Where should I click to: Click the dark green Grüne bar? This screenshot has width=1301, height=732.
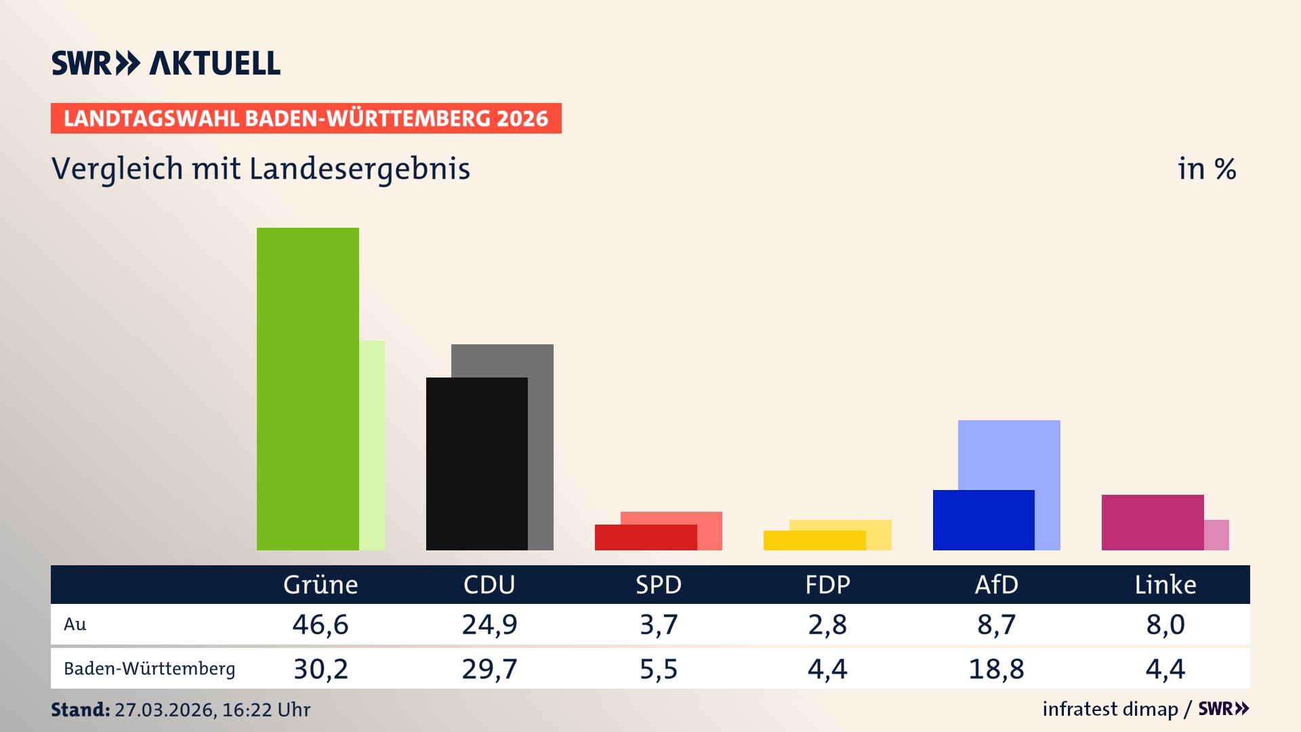[308, 388]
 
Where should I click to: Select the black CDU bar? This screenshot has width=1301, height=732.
[476, 464]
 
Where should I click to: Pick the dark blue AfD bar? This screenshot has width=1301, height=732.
[983, 520]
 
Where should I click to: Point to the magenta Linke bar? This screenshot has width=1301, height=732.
[1152, 522]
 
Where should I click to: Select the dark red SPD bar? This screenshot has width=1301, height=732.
[645, 537]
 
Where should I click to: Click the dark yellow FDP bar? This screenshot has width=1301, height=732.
[814, 540]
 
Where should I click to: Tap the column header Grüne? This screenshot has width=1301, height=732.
[321, 584]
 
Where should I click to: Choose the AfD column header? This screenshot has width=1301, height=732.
[996, 584]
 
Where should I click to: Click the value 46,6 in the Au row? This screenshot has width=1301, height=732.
[321, 624]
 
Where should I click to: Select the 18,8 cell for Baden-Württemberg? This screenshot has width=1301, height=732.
[996, 669]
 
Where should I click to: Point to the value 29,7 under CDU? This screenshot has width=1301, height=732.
[489, 669]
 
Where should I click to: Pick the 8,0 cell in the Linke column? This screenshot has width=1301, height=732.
[1165, 624]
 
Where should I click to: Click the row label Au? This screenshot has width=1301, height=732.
[75, 624]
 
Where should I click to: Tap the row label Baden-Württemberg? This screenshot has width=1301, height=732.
[149, 669]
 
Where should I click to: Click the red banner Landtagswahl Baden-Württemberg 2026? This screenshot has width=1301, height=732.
[306, 119]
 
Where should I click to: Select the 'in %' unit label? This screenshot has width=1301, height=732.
[1206, 169]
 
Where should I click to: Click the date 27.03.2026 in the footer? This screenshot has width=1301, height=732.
[165, 710]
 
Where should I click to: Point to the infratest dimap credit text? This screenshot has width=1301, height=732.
[1110, 709]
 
